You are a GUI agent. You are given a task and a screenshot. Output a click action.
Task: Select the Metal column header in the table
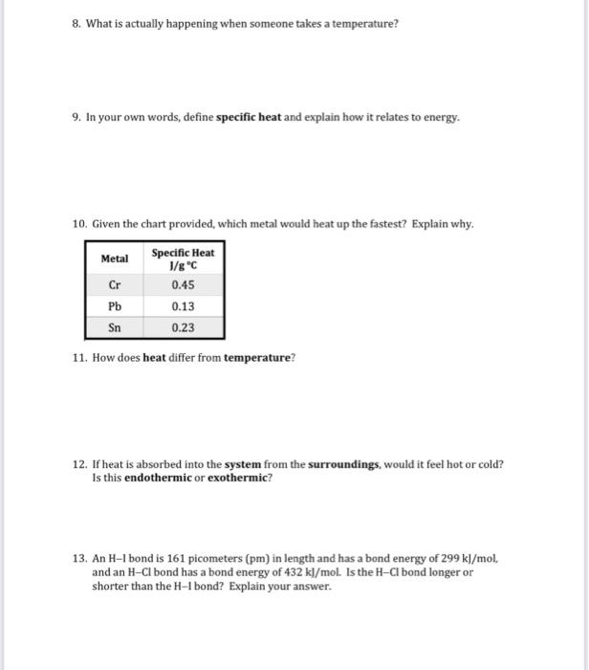(115, 258)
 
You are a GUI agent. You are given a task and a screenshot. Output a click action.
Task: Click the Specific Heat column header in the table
(183, 258)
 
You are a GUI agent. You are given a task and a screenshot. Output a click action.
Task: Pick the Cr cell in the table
(115, 284)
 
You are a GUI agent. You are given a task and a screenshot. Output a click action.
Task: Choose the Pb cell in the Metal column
(115, 306)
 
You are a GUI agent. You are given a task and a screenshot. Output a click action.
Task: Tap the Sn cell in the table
(115, 327)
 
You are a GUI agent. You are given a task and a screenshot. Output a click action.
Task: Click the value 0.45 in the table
(183, 284)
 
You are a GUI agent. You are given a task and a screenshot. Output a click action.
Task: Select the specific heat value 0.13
(183, 306)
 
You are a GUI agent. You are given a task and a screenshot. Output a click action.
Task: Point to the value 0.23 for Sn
(183, 327)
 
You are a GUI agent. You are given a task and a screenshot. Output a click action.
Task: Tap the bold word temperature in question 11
(258, 358)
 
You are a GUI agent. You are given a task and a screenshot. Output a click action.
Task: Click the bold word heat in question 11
(155, 358)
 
